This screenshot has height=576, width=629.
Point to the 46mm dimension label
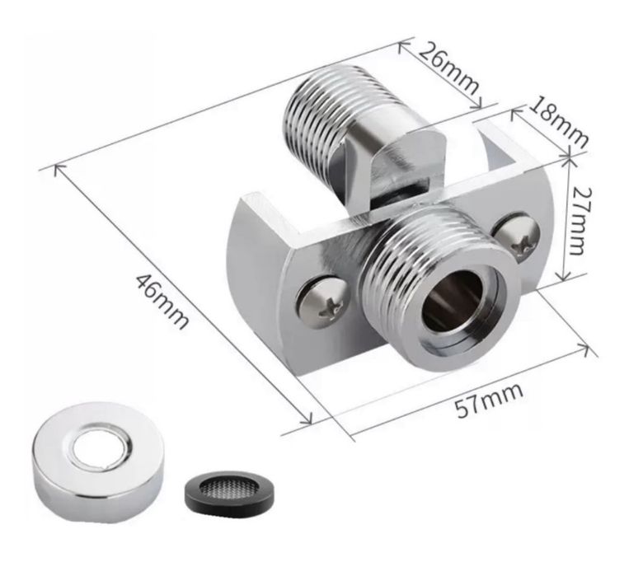[162, 301]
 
